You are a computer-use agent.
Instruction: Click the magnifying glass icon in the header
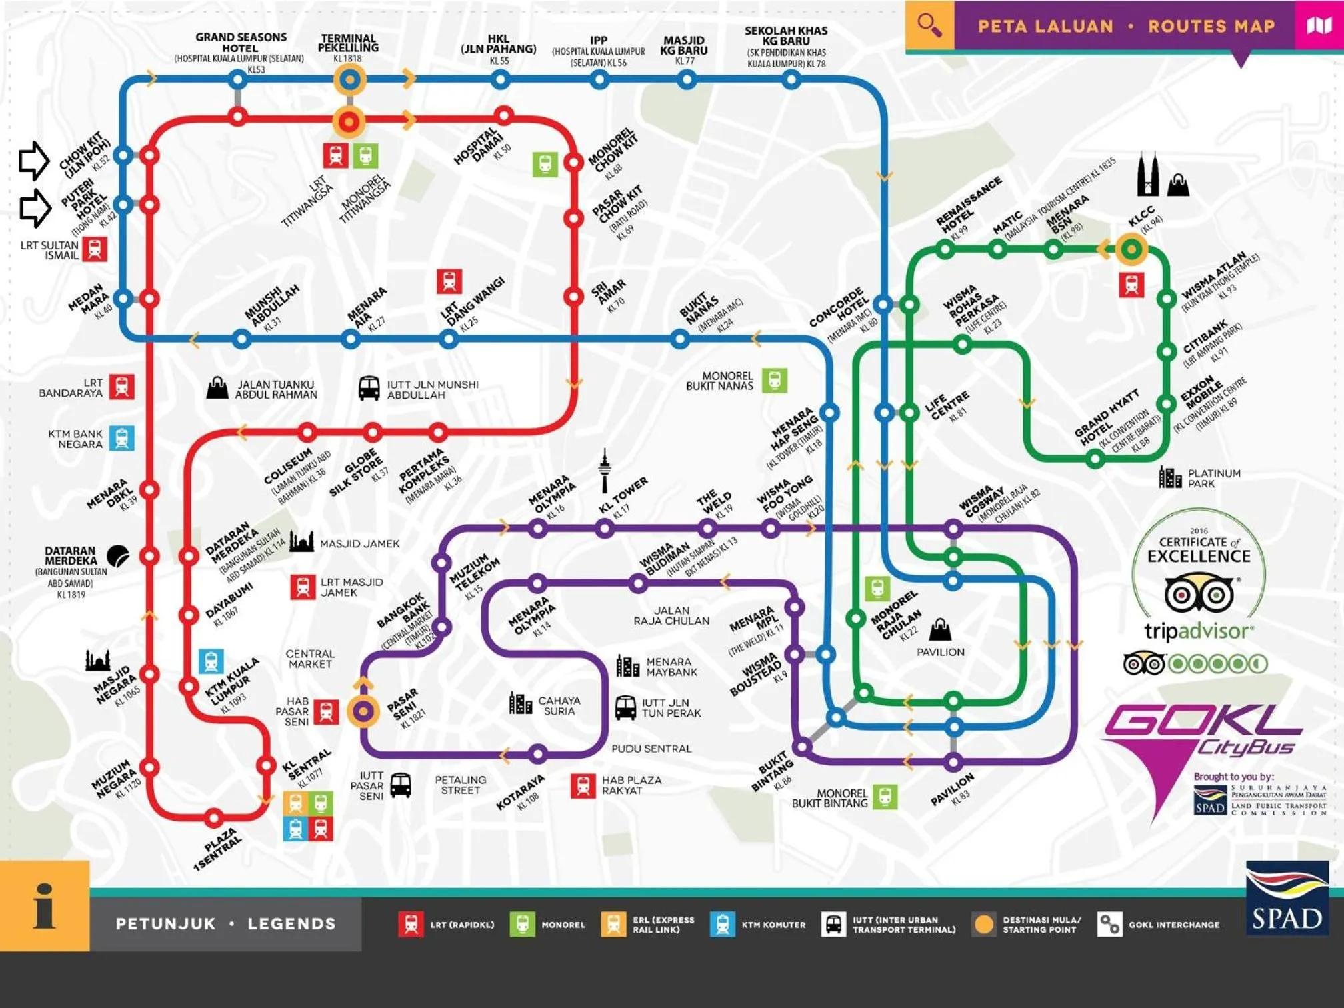pyautogui.click(x=929, y=25)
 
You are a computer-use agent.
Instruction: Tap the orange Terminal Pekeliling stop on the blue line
pyautogui.click(x=349, y=80)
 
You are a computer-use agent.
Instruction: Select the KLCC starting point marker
pyautogui.click(x=1131, y=249)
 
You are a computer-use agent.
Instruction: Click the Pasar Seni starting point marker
pyautogui.click(x=363, y=711)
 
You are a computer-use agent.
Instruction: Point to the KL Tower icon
pyautogui.click(x=604, y=470)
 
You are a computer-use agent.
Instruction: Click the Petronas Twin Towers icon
pyautogui.click(x=1147, y=174)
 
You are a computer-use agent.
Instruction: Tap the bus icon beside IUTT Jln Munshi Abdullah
pyautogui.click(x=369, y=388)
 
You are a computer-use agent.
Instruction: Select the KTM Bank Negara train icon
pyautogui.click(x=121, y=438)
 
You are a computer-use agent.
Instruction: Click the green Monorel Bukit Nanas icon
pyautogui.click(x=774, y=381)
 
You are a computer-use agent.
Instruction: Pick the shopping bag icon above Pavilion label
pyautogui.click(x=940, y=628)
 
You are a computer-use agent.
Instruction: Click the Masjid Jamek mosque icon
pyautogui.click(x=301, y=542)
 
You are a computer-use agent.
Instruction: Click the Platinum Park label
pyautogui.click(x=1213, y=478)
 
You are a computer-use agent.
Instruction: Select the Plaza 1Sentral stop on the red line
pyautogui.click(x=213, y=817)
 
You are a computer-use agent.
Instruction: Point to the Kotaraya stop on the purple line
pyautogui.click(x=537, y=754)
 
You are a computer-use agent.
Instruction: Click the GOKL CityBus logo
pyautogui.click(x=1200, y=733)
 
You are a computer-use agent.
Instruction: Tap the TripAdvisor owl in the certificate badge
pyautogui.click(x=1198, y=593)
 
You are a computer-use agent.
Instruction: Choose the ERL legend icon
pyautogui.click(x=613, y=925)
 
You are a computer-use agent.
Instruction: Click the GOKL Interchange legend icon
pyautogui.click(x=1109, y=925)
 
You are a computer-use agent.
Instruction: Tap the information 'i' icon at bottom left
pyautogui.click(x=44, y=906)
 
